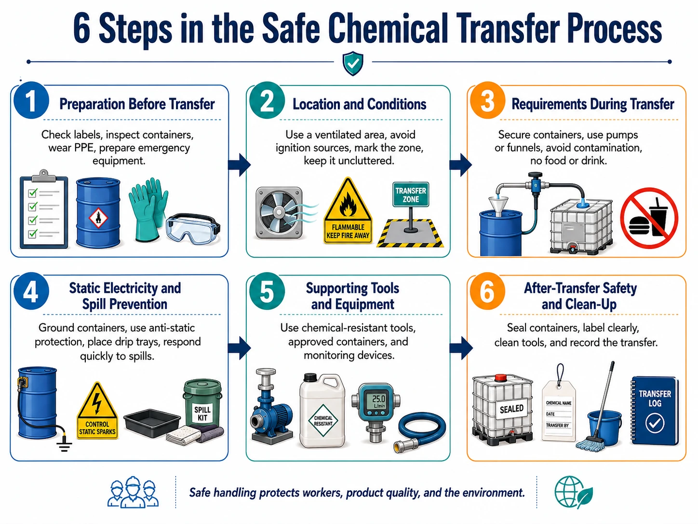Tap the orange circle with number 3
487,101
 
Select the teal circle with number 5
267,291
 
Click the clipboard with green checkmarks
44,210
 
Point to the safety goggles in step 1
193,228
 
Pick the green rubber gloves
148,208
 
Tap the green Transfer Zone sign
411,194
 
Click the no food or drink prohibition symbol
649,218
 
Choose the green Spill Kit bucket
202,402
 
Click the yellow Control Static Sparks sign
97,411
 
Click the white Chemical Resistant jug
322,411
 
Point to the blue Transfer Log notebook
654,411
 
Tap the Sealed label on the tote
511,409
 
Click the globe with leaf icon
573,492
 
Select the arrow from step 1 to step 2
240,165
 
